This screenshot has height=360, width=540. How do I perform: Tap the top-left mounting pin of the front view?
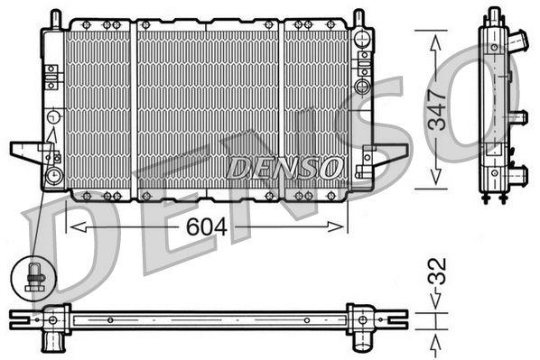click(x=55, y=17)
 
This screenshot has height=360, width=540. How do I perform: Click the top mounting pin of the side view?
click(x=496, y=13)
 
